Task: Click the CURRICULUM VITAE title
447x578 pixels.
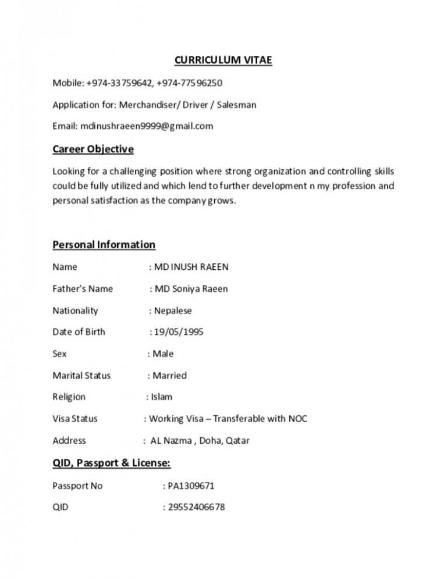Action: coord(223,60)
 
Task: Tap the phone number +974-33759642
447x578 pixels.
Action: coord(119,83)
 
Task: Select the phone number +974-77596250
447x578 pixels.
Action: coord(190,83)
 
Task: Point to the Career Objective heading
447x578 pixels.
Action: coord(93,149)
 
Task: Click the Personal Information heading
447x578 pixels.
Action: coord(104,244)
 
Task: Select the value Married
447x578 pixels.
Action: coord(169,375)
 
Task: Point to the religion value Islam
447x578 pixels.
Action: coord(162,397)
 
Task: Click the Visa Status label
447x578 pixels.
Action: coord(75,419)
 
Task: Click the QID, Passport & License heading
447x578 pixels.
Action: coord(111,463)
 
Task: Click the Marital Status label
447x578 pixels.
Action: coord(81,375)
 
